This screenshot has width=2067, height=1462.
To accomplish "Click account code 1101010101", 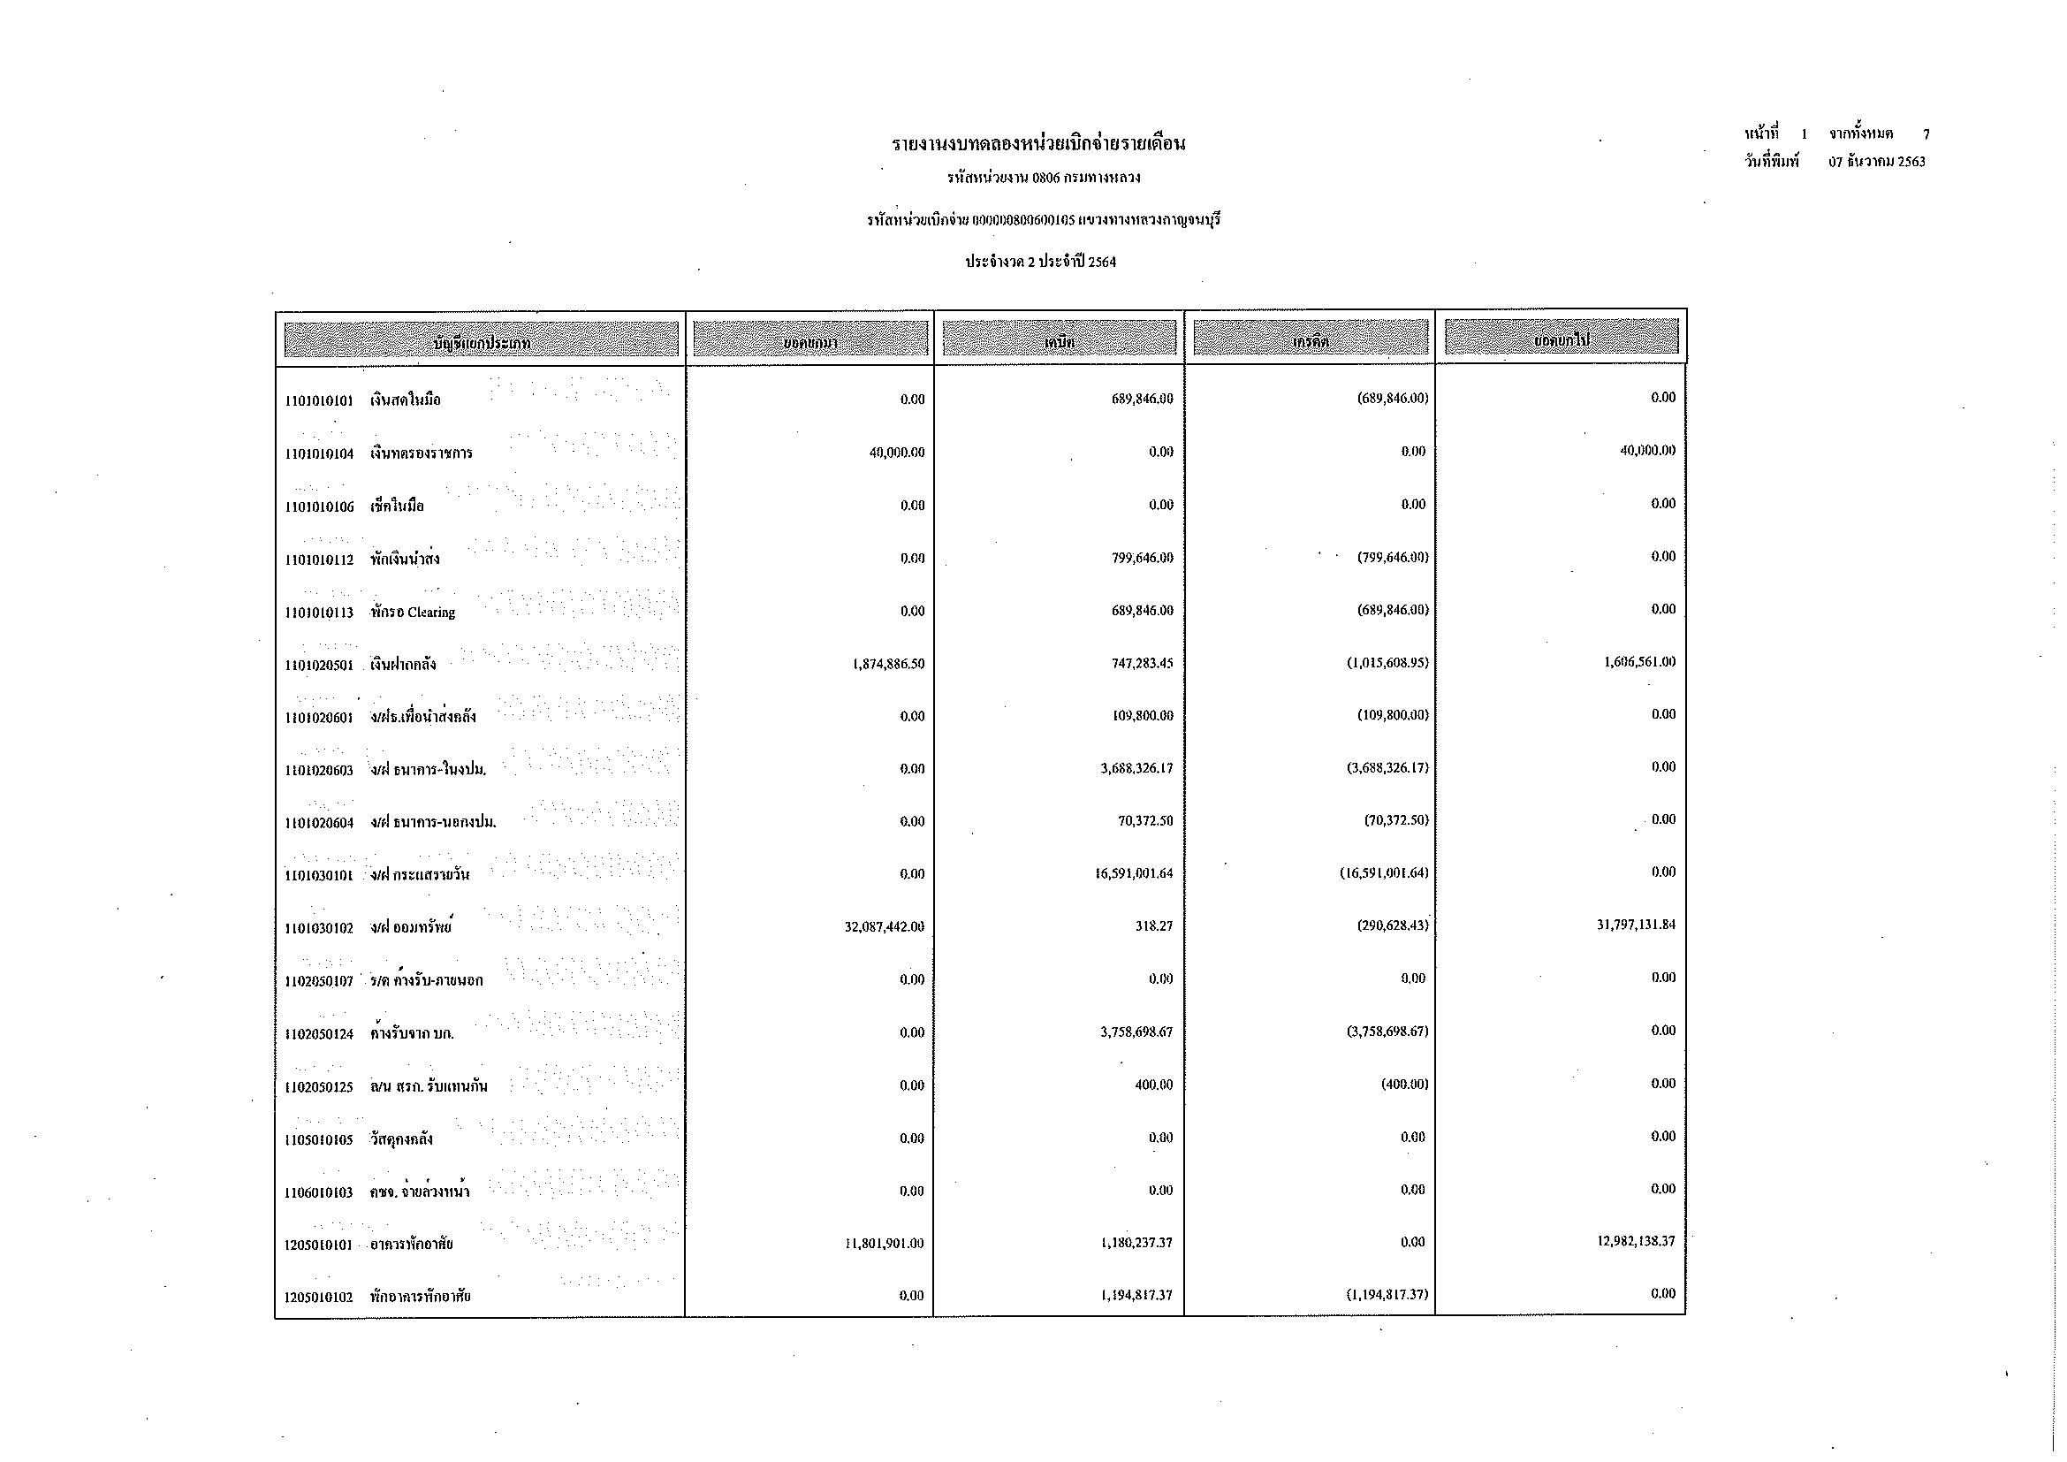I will [x=319, y=400].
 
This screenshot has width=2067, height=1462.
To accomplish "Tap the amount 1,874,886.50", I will [x=887, y=665].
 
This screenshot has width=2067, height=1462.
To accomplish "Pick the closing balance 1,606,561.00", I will [x=1639, y=662].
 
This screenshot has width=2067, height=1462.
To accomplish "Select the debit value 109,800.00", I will [x=1144, y=717].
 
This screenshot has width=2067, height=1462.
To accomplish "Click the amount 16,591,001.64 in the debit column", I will [x=1134, y=874].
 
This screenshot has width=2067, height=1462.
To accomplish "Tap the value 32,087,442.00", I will [x=884, y=927].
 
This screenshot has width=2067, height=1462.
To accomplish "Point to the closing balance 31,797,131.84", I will [x=1636, y=925].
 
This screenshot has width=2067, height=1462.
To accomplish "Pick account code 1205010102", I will [x=319, y=1298].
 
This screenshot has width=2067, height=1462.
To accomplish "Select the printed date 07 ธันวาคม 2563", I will [x=1876, y=162].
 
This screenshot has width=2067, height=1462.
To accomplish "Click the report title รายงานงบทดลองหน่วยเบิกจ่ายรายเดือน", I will [x=1038, y=144].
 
